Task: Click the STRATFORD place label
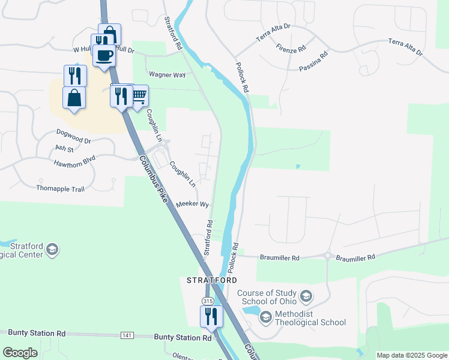click(212, 280)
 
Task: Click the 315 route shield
click(208, 301)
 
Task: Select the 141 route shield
click(127, 335)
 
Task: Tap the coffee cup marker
click(104, 55)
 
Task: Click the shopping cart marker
click(139, 95)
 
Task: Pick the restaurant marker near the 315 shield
click(211, 316)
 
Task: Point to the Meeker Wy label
click(192, 205)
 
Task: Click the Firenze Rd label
click(291, 47)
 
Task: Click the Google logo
click(20, 353)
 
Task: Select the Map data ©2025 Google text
click(412, 355)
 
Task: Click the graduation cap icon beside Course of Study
click(307, 296)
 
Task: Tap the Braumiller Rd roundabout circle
click(328, 255)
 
